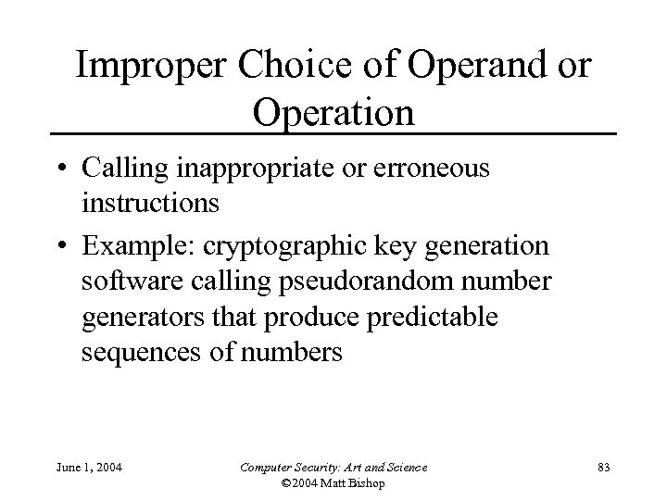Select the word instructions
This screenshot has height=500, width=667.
[x=150, y=203]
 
